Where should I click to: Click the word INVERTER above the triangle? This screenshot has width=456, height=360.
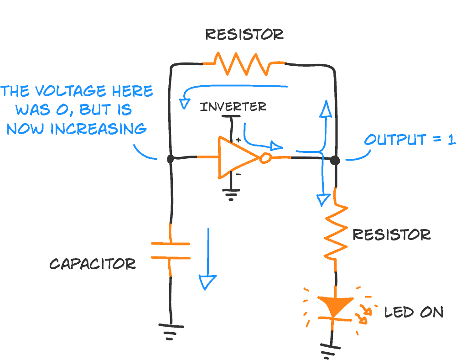coord(233,107)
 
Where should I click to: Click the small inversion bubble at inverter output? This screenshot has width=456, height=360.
coord(265,158)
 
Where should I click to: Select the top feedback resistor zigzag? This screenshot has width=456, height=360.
coord(244,64)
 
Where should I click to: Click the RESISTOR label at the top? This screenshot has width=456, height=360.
coord(244,34)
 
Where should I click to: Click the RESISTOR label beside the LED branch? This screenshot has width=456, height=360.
coord(391,235)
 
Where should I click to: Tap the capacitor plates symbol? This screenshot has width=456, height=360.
coord(171,250)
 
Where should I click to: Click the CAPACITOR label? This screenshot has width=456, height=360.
coord(92,264)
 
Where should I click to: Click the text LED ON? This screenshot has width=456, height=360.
coord(414,312)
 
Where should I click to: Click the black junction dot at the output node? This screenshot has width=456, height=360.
coord(335,161)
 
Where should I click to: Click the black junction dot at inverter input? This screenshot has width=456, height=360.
coord(170,159)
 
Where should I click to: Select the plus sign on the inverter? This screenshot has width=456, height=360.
coord(238,140)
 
